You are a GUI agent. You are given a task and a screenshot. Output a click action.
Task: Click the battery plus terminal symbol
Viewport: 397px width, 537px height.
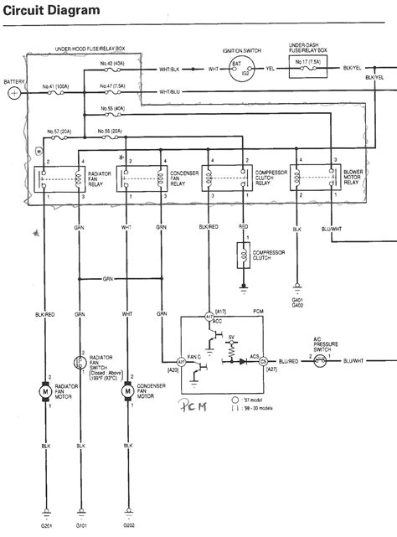click(14, 93)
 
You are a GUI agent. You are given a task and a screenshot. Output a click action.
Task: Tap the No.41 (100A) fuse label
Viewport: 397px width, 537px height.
click(57, 87)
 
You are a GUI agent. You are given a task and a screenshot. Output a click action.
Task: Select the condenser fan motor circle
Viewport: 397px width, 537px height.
click(127, 390)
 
